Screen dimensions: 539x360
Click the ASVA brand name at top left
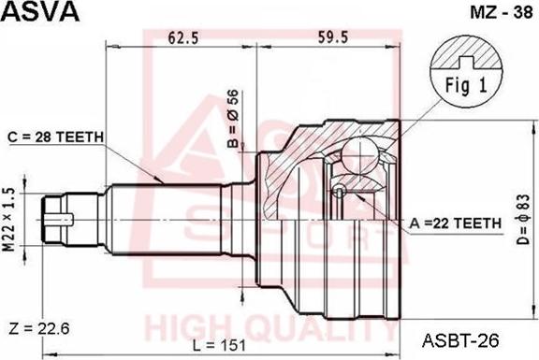[x=40, y=11]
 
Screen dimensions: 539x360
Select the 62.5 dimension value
[x=183, y=37]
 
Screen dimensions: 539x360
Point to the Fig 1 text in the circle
[x=466, y=85]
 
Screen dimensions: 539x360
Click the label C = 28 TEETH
[x=56, y=137]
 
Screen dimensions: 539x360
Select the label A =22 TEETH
[x=456, y=223]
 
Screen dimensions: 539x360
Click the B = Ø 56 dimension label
[x=233, y=119]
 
